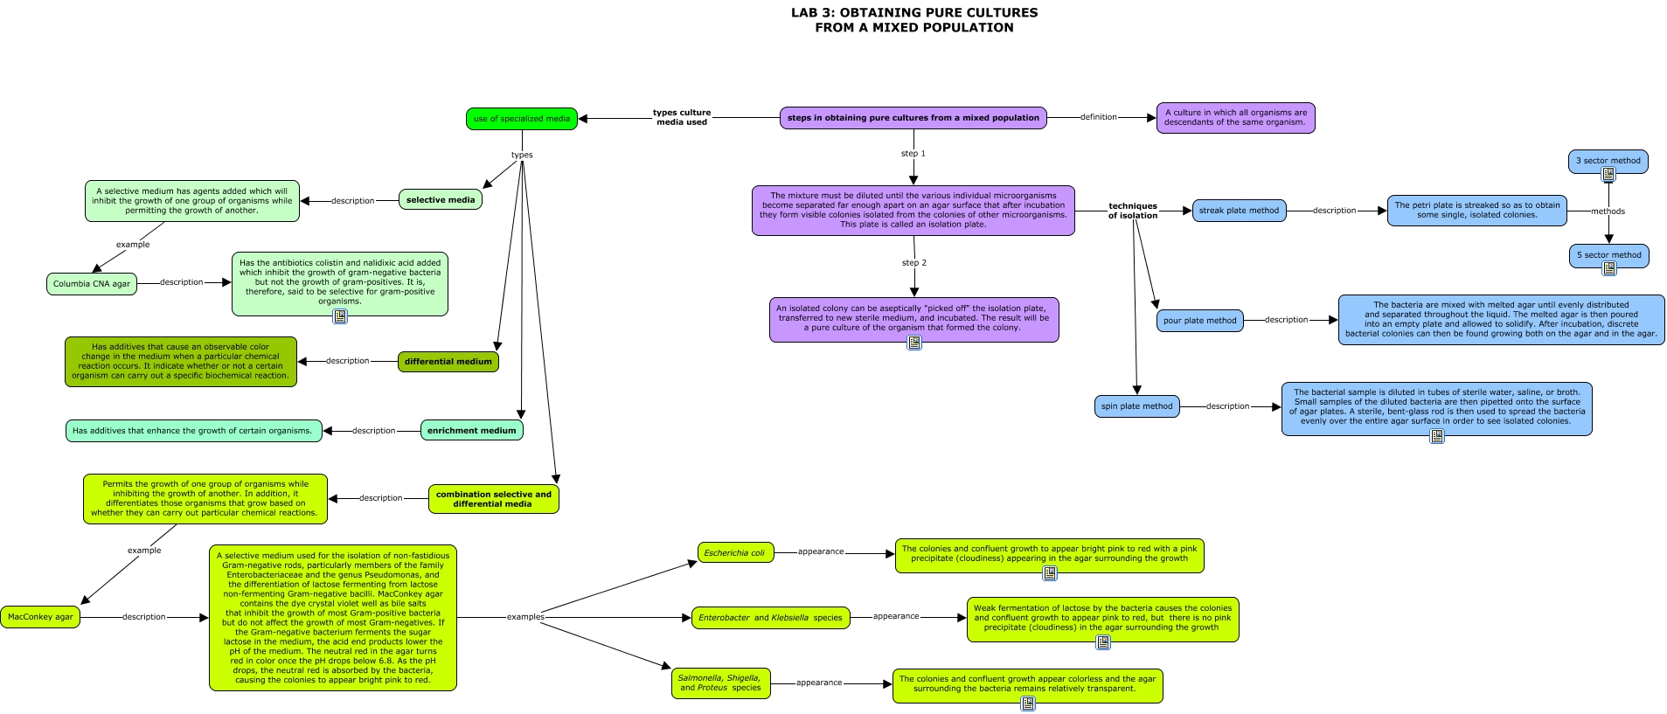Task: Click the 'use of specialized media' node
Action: click(x=521, y=119)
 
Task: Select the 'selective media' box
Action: click(x=441, y=200)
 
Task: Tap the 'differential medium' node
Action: click(x=448, y=362)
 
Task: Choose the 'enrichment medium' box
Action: click(x=471, y=430)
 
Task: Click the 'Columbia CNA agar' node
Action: click(x=92, y=284)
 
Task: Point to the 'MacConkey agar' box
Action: click(x=40, y=617)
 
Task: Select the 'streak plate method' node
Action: click(x=1239, y=211)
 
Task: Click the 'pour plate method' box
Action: click(x=1199, y=321)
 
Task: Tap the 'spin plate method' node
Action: click(x=1136, y=406)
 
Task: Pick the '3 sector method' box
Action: click(x=1608, y=161)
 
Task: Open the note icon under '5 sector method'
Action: click(x=1608, y=269)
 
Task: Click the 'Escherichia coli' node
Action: click(x=734, y=552)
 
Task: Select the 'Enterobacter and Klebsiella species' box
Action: click(x=770, y=618)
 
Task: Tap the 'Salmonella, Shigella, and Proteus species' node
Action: click(x=720, y=683)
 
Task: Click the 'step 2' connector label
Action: click(x=913, y=263)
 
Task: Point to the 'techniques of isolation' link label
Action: click(x=1132, y=211)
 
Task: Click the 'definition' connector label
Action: click(x=1098, y=117)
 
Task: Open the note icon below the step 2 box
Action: click(x=913, y=343)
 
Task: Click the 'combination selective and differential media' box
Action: click(x=493, y=499)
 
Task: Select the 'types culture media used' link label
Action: click(x=682, y=117)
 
